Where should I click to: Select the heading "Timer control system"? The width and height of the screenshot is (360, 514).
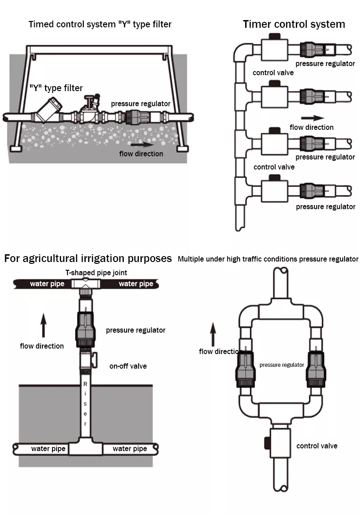point(293,24)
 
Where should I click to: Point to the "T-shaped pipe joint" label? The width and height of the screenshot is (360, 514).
point(96,272)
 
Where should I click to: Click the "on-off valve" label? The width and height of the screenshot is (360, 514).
point(128,366)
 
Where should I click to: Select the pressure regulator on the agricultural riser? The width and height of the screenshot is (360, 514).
point(86,329)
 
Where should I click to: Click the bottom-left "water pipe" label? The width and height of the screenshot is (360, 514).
point(48,449)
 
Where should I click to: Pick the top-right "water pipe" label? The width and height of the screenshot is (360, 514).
point(136,284)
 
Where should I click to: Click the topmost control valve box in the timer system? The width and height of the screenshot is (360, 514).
point(274,48)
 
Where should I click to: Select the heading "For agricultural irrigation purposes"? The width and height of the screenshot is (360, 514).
point(88,258)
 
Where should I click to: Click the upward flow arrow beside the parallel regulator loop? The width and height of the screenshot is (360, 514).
point(213,334)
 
